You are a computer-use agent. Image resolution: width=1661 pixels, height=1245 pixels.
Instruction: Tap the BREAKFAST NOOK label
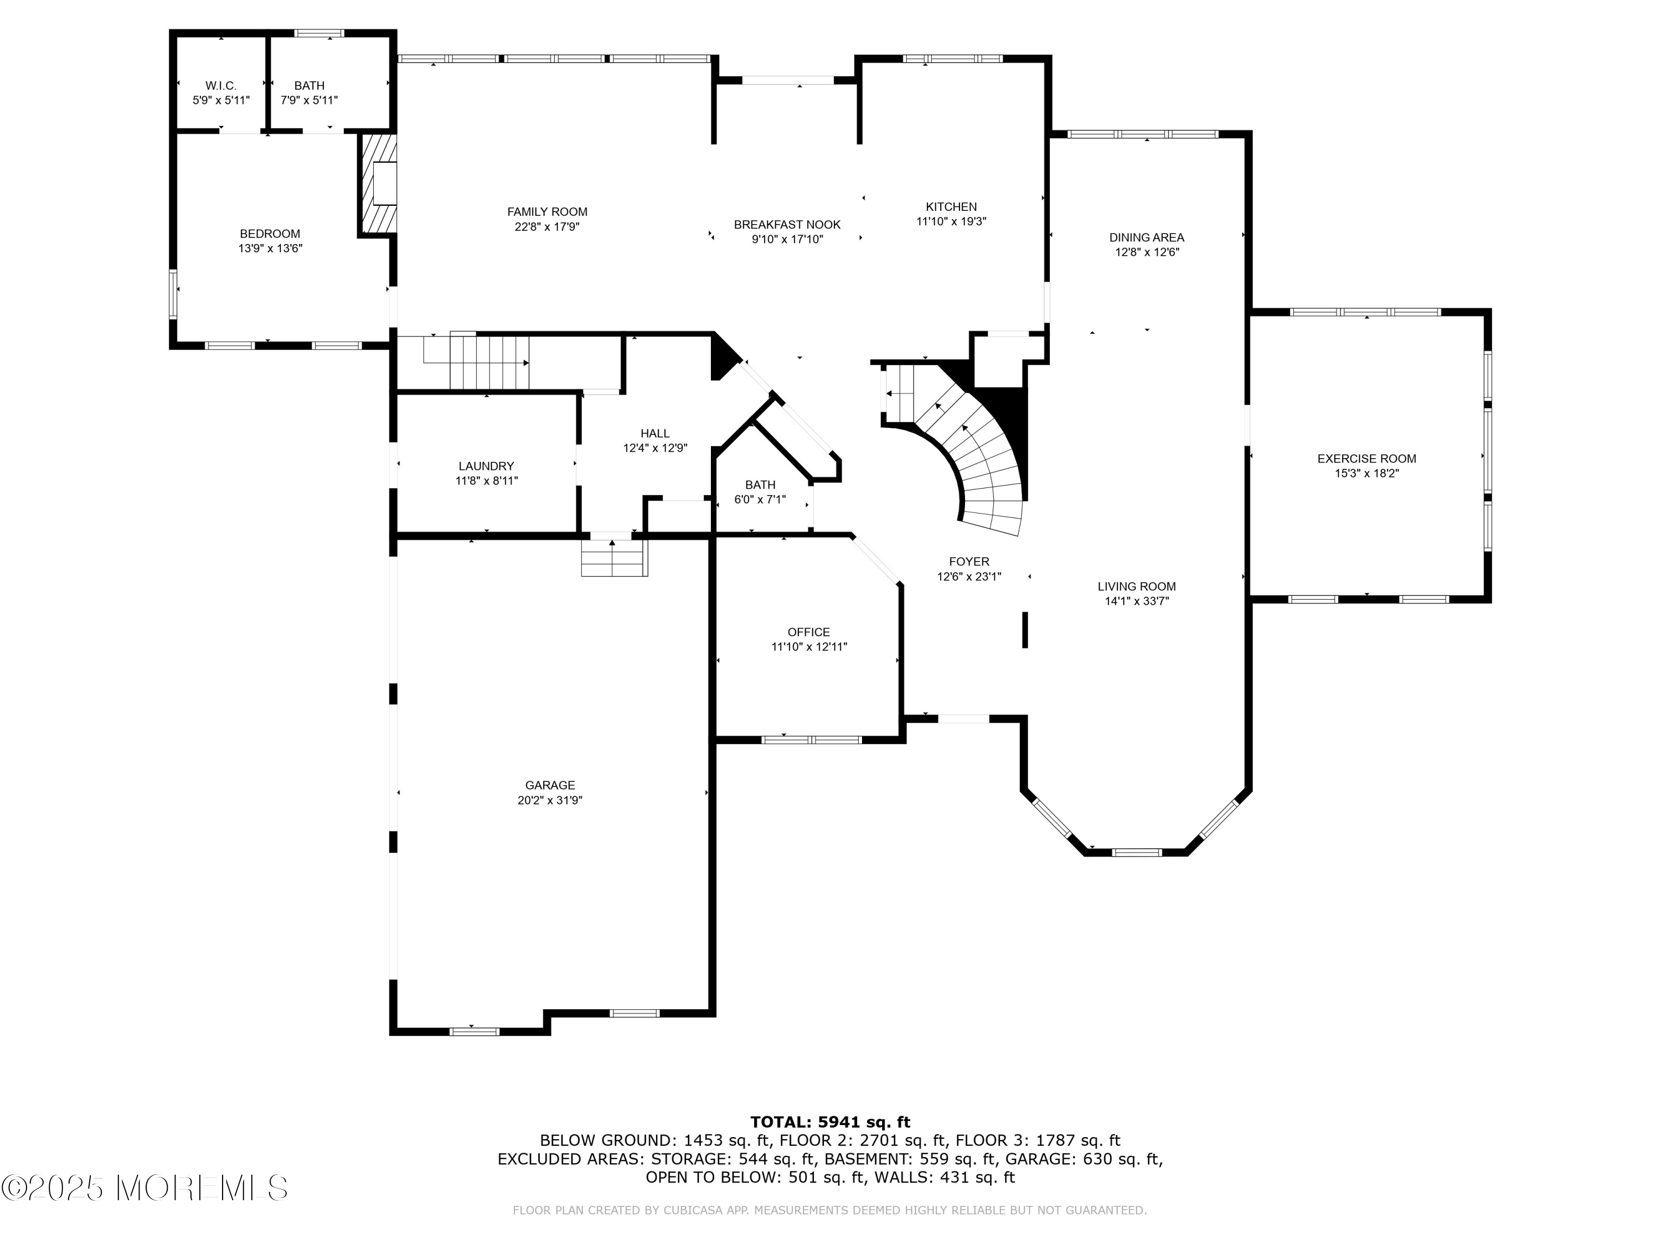tap(787, 225)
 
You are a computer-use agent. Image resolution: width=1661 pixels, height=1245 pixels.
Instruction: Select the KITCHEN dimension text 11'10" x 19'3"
tap(951, 221)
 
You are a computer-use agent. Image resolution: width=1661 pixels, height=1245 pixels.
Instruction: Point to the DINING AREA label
tap(1147, 238)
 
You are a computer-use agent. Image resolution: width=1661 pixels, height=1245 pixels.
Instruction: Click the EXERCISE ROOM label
tap(1366, 459)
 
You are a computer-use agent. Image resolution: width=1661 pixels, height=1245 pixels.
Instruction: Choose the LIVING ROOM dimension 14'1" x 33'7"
tap(1137, 601)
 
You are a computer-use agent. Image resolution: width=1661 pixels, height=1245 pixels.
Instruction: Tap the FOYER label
tap(969, 561)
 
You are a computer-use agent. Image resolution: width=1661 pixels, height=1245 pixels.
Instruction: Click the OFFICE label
tap(809, 632)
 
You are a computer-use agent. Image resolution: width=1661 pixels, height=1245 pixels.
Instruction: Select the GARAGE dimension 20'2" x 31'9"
tap(550, 800)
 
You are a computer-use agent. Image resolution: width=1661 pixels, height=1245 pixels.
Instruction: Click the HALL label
tap(655, 433)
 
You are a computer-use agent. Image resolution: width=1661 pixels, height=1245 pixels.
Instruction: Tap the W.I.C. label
tap(221, 86)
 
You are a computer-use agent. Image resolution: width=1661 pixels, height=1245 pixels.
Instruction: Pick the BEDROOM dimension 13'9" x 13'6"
tap(270, 248)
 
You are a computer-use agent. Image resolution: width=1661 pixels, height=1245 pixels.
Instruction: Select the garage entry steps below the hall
tap(613, 558)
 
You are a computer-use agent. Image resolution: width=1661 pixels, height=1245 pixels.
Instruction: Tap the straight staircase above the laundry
tap(476, 362)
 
